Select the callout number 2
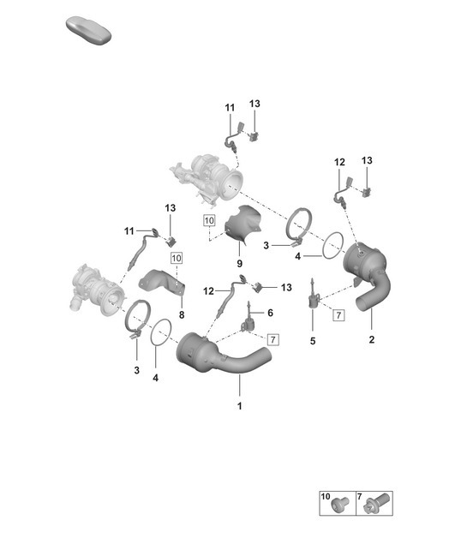[x=371, y=340]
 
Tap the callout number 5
[x=312, y=340]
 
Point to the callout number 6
[x=270, y=314]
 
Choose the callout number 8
[x=181, y=315]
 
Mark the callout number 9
[x=239, y=263]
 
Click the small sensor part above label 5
[x=314, y=296]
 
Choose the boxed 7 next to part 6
[x=273, y=339]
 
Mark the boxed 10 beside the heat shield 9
[x=208, y=221]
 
